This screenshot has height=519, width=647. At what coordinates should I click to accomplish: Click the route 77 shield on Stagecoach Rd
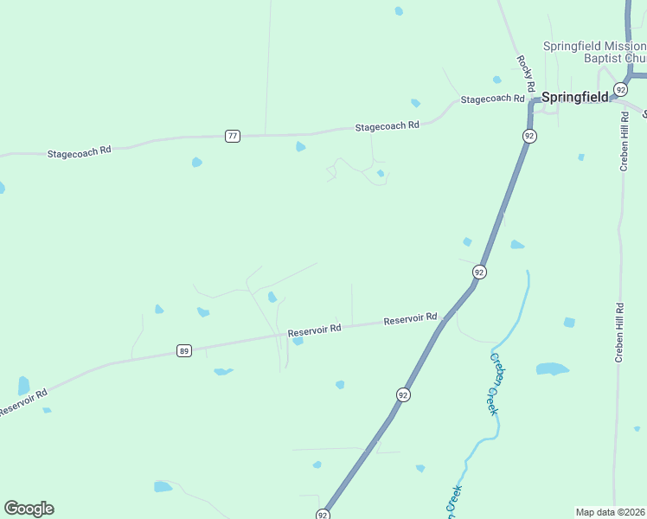(232, 136)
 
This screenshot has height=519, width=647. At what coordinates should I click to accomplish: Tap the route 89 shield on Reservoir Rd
(183, 350)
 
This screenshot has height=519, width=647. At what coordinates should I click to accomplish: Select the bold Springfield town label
(575, 97)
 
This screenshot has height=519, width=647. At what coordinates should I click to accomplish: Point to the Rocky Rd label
(524, 74)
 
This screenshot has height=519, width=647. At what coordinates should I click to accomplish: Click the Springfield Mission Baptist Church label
(594, 52)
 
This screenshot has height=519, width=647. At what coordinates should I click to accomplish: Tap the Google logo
(29, 509)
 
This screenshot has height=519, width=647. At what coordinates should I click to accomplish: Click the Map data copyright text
(610, 512)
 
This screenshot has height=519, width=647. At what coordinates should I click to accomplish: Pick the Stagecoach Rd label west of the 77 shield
(80, 151)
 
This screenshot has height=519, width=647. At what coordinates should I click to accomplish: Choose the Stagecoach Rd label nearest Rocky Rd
(493, 99)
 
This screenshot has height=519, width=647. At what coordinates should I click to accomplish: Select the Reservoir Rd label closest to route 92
(411, 319)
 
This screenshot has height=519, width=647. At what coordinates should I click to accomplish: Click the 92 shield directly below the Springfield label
(529, 136)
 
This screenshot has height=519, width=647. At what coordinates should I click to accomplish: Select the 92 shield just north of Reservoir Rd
(479, 272)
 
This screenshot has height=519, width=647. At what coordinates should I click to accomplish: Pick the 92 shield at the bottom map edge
(323, 513)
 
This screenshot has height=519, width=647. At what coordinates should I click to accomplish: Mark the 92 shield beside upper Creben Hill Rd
(620, 90)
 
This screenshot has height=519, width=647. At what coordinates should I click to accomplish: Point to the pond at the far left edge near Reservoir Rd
(23, 386)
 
